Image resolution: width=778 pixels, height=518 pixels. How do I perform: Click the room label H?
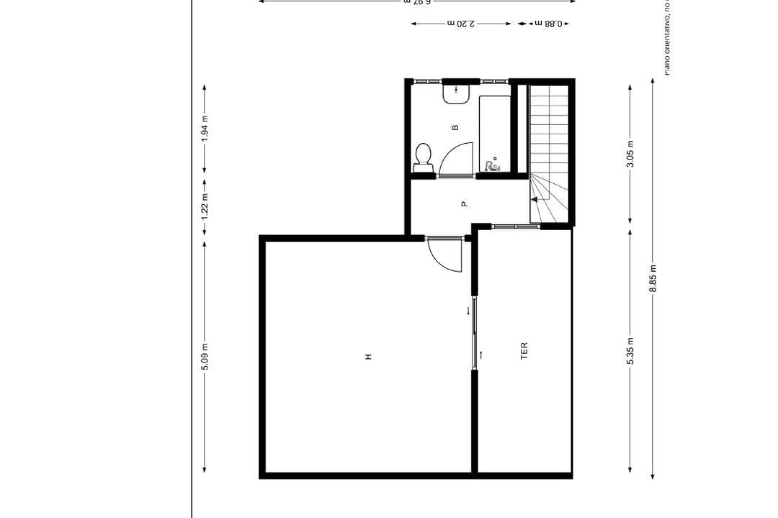[368, 357]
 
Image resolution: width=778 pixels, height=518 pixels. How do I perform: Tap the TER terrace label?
[524, 351]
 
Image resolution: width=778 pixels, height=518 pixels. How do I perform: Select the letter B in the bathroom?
[455, 127]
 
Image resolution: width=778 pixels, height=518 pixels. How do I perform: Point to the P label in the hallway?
[464, 204]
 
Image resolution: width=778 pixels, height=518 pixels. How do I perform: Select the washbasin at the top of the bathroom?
[456, 93]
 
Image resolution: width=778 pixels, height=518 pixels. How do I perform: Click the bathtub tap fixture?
[492, 166]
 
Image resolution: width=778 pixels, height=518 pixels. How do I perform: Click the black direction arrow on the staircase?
[534, 199]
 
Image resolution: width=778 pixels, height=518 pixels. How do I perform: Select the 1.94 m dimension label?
[205, 128]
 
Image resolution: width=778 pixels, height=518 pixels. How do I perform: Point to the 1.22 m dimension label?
[205, 207]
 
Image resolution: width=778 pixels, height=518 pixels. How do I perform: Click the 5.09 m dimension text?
[205, 356]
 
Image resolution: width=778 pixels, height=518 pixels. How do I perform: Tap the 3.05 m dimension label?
[630, 154]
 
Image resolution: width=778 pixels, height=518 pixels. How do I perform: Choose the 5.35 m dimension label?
[630, 351]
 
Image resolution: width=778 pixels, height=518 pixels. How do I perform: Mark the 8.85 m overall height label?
[653, 278]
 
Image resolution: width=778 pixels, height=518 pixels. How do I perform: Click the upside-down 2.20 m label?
[461, 24]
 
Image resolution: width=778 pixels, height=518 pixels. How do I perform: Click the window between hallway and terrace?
[515, 227]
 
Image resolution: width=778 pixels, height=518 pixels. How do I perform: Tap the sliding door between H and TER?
[474, 333]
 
